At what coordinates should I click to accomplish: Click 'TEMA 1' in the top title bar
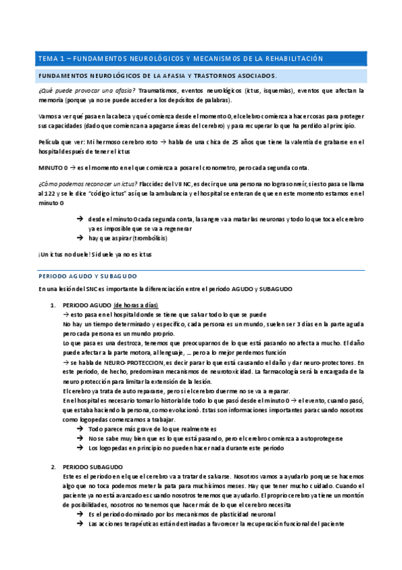(x=50, y=59)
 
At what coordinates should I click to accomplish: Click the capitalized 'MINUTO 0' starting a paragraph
(x=53, y=167)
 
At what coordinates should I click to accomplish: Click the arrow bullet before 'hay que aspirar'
(x=80, y=238)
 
